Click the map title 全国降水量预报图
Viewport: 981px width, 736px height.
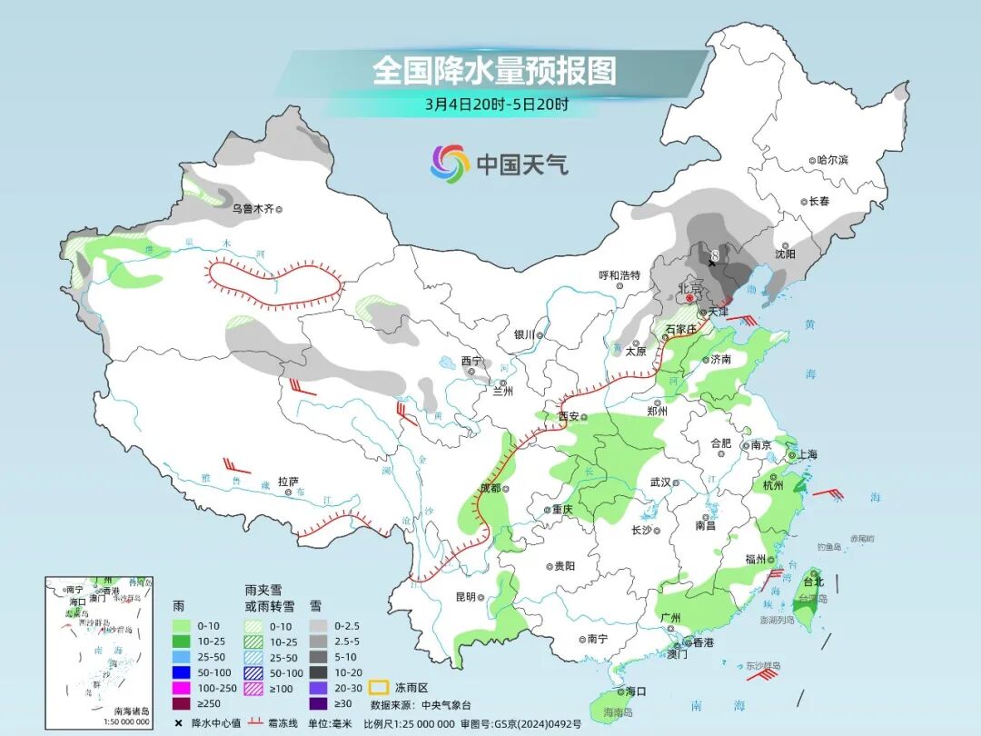click(494, 70)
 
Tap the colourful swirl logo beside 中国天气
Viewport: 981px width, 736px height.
click(450, 164)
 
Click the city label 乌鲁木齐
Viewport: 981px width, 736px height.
click(252, 208)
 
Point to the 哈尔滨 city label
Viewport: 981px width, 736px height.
click(831, 160)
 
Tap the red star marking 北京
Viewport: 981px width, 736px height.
click(689, 297)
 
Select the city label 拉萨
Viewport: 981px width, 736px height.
click(288, 481)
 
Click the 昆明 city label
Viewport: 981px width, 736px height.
click(465, 597)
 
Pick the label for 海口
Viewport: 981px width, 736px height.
click(636, 691)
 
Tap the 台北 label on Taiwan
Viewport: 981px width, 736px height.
click(813, 582)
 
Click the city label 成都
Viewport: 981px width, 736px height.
click(490, 489)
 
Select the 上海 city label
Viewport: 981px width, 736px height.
click(808, 455)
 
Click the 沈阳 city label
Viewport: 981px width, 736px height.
click(785, 254)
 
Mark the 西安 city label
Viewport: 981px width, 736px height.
click(569, 417)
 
